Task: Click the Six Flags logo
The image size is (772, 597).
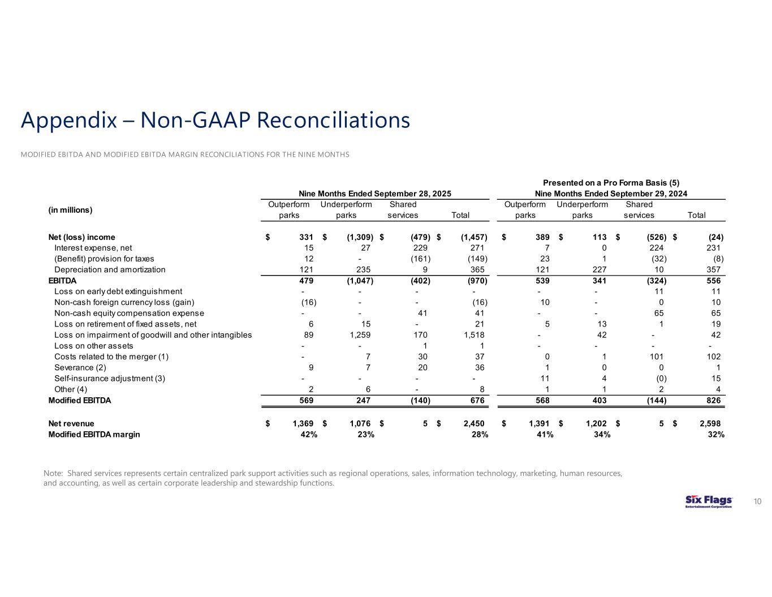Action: coord(708,502)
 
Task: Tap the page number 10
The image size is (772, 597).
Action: coord(757,502)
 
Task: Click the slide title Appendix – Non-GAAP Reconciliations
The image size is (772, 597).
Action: coord(215,121)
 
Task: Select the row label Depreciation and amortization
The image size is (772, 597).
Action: coord(110,270)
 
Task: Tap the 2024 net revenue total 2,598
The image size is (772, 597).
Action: coord(709,423)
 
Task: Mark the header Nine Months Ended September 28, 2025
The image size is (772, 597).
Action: coord(374,194)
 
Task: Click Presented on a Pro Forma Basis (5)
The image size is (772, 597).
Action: coord(611,183)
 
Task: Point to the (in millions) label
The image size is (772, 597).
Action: coord(70,210)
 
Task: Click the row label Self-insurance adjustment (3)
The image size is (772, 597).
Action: coord(110,378)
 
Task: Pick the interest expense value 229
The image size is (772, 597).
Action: coord(420,248)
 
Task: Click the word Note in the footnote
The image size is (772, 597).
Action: coord(53,473)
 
